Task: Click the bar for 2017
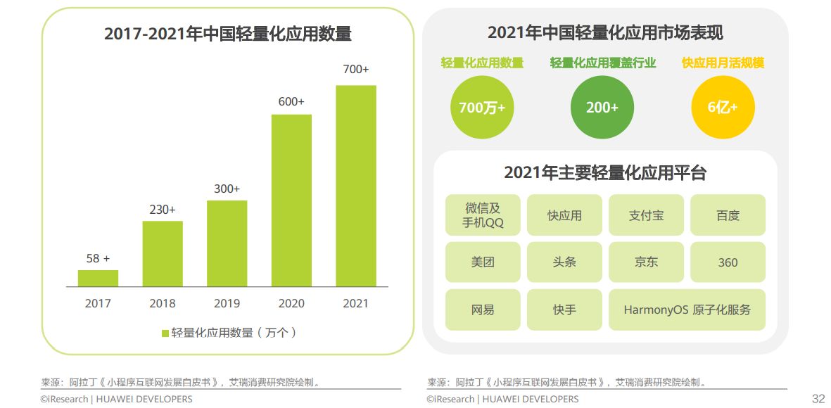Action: (x=98, y=279)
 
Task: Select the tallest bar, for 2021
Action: (x=356, y=186)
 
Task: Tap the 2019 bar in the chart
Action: (x=227, y=243)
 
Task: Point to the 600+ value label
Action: (x=291, y=102)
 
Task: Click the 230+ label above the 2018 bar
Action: (x=163, y=210)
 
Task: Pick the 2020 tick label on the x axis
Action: (x=291, y=304)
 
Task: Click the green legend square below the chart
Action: (x=165, y=333)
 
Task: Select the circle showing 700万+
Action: (x=482, y=108)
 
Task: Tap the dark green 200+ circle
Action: (x=602, y=108)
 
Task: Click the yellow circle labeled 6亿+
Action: (x=723, y=108)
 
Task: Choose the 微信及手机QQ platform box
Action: (x=483, y=215)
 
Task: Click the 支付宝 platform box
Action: (x=646, y=215)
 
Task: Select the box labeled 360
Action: (x=728, y=262)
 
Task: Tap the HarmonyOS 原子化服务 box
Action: (x=687, y=310)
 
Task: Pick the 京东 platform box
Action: (x=646, y=262)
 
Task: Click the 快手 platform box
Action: (x=564, y=310)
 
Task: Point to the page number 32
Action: (x=818, y=399)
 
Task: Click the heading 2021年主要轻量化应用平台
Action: (x=605, y=173)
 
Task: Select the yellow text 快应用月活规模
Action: (x=723, y=63)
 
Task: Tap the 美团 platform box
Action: (x=483, y=262)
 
